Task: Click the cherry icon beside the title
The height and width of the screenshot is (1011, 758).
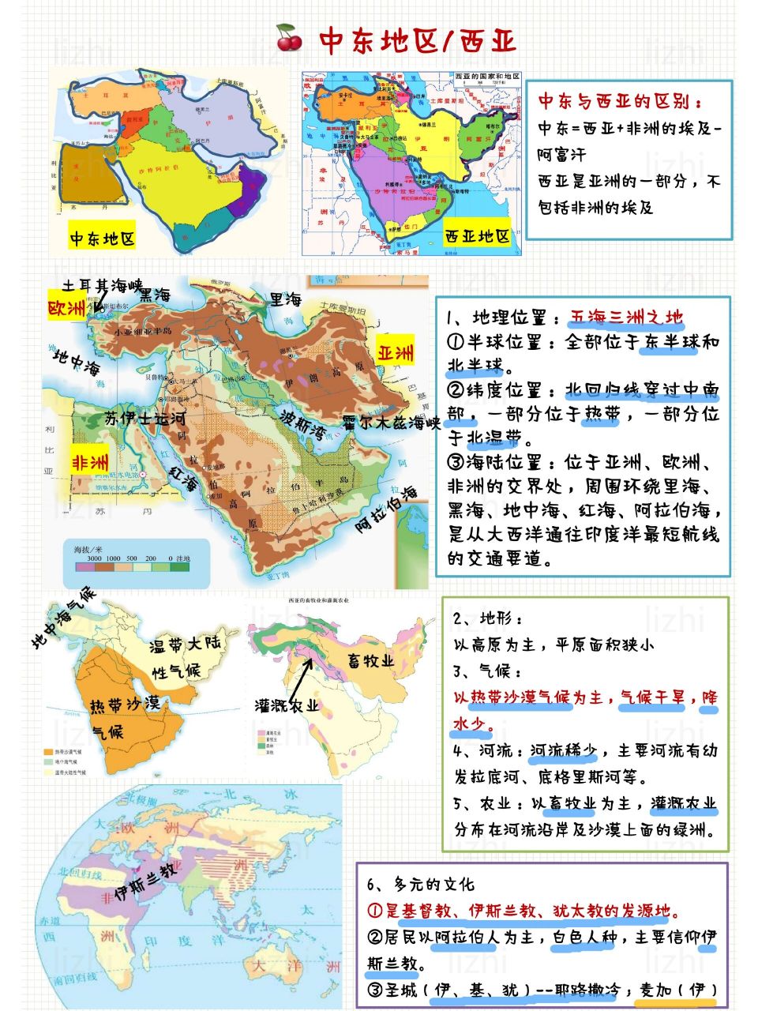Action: (x=289, y=37)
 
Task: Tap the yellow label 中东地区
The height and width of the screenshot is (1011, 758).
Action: (x=102, y=239)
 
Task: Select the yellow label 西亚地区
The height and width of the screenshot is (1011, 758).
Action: (x=477, y=235)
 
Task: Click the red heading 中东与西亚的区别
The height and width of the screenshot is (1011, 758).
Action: (x=619, y=102)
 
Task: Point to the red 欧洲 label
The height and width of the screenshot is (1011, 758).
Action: (x=67, y=309)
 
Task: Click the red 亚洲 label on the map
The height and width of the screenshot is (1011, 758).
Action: (x=396, y=351)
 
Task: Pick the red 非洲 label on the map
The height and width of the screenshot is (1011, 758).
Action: (x=91, y=461)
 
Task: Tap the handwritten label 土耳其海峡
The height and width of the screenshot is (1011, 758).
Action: (x=103, y=285)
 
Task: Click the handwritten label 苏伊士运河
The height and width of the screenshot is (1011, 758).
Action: (x=146, y=418)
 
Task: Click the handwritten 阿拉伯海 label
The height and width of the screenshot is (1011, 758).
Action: (x=386, y=509)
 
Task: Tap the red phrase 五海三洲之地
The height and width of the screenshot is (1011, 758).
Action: (x=626, y=318)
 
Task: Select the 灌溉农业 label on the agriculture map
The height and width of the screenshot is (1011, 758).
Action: (x=287, y=705)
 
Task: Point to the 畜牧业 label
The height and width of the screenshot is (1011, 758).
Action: (x=370, y=660)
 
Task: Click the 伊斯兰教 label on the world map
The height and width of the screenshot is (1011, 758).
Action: (x=146, y=881)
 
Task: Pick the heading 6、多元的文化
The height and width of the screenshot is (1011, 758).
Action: (x=420, y=885)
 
